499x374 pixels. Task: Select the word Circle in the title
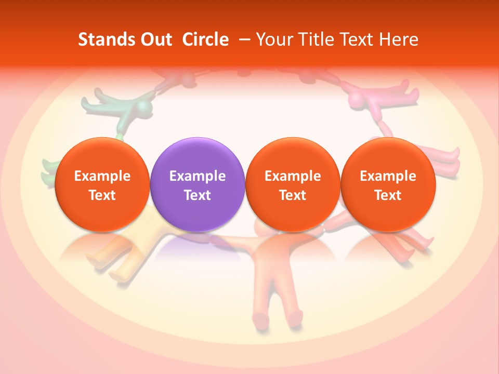(x=205, y=39)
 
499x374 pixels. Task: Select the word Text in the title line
(x=356, y=39)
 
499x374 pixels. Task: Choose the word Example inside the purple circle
(x=198, y=176)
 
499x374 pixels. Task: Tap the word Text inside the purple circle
(x=198, y=195)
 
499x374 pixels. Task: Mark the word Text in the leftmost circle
(x=102, y=195)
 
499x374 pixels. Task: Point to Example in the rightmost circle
(x=388, y=176)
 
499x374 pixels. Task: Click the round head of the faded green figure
(x=144, y=109)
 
